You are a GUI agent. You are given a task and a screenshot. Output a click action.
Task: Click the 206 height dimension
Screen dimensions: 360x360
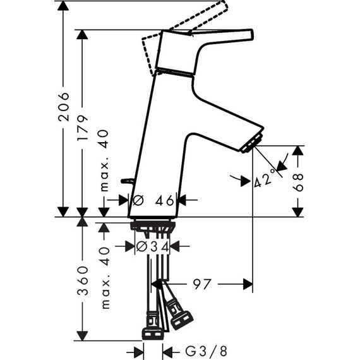pyautogui.click(x=63, y=107)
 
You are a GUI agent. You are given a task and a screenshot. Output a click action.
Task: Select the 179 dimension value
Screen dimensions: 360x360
pyautogui.click(x=82, y=128)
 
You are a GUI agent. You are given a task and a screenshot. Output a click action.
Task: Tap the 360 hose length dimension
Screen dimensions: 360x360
pyautogui.click(x=83, y=280)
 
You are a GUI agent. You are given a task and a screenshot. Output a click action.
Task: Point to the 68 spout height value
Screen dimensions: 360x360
pyautogui.click(x=297, y=183)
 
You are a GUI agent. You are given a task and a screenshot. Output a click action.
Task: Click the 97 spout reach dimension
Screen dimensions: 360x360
pyautogui.click(x=202, y=284)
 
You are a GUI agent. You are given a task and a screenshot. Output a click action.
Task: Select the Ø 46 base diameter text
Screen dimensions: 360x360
pyautogui.click(x=153, y=201)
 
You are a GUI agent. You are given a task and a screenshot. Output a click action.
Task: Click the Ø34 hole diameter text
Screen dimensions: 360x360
pyautogui.click(x=153, y=246)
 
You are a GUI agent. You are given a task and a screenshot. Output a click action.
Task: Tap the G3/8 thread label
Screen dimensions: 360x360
pyautogui.click(x=206, y=351)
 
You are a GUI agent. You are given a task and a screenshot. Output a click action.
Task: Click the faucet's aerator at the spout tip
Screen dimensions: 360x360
pyautogui.click(x=252, y=143)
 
